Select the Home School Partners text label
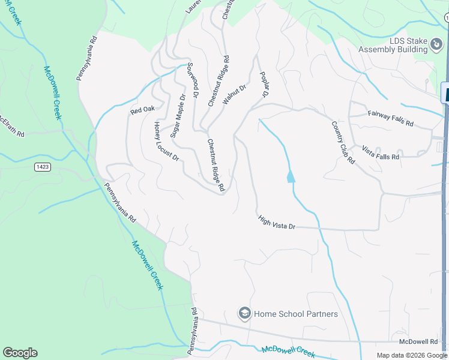(296, 314)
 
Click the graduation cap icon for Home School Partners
(244, 313)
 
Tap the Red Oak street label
(143, 110)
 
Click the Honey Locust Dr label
(166, 142)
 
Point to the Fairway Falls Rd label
(391, 118)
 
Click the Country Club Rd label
(343, 142)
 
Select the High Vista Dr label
(277, 223)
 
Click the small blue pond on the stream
(291, 177)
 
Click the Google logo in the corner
(20, 353)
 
